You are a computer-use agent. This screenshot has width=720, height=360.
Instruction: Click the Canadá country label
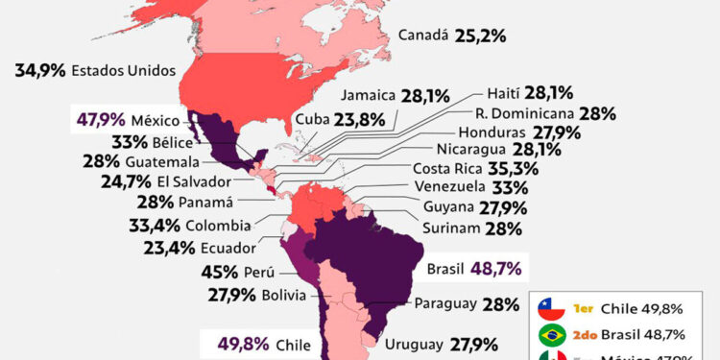pyautogui.click(x=423, y=36)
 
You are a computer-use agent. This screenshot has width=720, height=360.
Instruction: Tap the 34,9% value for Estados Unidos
pyautogui.click(x=40, y=70)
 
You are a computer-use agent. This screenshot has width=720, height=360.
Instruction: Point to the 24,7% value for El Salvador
pyautogui.click(x=125, y=181)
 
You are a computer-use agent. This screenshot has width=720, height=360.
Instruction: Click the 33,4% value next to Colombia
pyautogui.click(x=153, y=227)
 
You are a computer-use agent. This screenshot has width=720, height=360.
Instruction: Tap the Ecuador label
pyautogui.click(x=228, y=248)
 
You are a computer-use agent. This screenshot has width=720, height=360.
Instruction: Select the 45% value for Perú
pyautogui.click(x=220, y=273)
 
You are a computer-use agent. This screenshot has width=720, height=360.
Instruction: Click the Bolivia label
pyautogui.click(x=287, y=295)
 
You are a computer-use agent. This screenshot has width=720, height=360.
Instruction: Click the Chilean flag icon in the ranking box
pyautogui.click(x=551, y=308)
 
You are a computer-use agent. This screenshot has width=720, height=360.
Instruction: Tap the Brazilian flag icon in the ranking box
pyautogui.click(x=551, y=336)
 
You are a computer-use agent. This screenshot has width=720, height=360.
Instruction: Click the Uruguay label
pyautogui.click(x=414, y=344)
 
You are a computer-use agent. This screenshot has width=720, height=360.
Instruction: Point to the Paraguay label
pyautogui.click(x=445, y=304)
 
